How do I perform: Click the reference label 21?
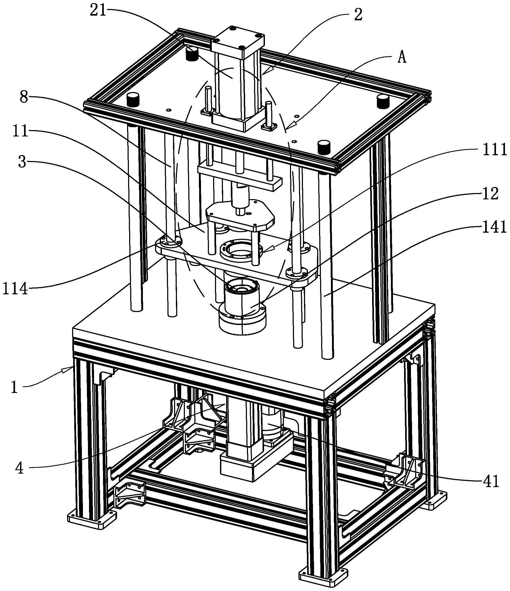[98, 11]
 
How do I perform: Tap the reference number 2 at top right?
[358, 14]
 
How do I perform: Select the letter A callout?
[402, 58]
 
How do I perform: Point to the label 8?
[24, 98]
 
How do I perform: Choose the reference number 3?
[22, 162]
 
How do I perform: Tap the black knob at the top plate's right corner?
[383, 102]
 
